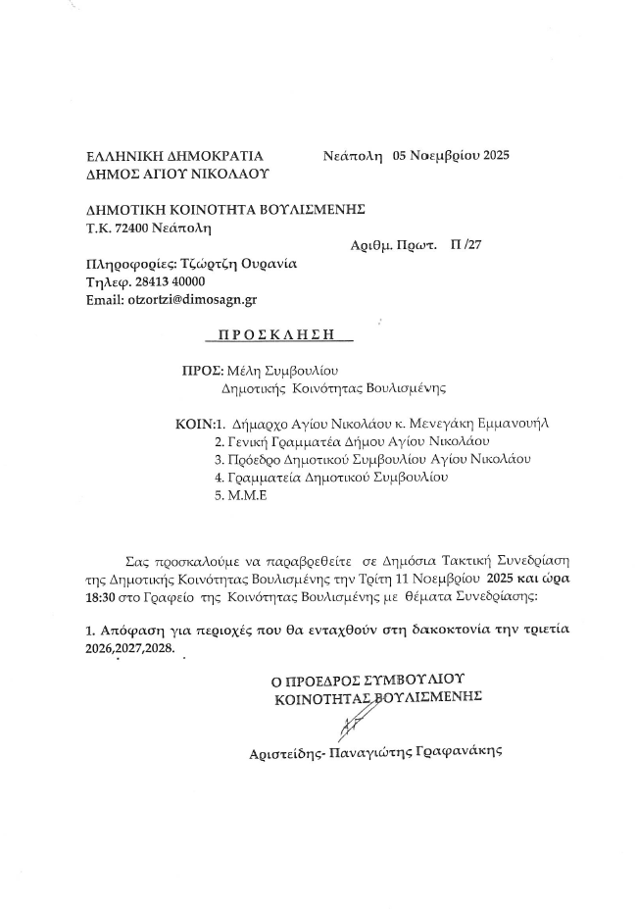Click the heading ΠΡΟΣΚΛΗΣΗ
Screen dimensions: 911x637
tap(278, 334)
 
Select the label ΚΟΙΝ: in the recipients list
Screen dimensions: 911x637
tap(191, 425)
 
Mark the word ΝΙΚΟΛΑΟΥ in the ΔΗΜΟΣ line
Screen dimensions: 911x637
tap(231, 174)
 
